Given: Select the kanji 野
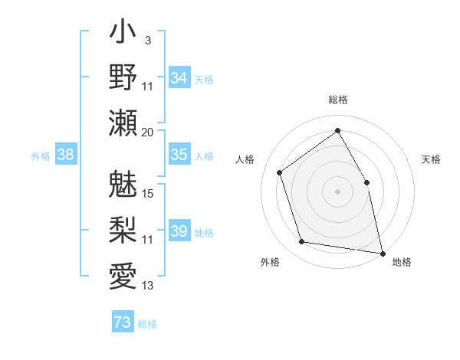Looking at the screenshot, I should pyautogui.click(x=123, y=77).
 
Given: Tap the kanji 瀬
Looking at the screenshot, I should pyautogui.click(x=123, y=123).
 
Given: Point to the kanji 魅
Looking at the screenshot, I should pyautogui.click(x=123, y=184).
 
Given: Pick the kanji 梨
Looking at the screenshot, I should pyautogui.click(x=123, y=227).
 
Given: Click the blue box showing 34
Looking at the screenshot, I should pyautogui.click(x=179, y=78).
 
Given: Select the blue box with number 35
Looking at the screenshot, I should pyautogui.click(x=179, y=155).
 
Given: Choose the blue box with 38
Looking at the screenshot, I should pyautogui.click(x=66, y=155).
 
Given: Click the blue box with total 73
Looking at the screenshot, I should pyautogui.click(x=123, y=322).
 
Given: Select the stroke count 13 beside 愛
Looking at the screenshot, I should pyautogui.click(x=148, y=286).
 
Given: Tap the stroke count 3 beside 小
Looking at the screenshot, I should pyautogui.click(x=148, y=40).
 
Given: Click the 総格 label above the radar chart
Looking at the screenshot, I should pyautogui.click(x=337, y=100).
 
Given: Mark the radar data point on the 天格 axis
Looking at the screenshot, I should pyautogui.click(x=366, y=182).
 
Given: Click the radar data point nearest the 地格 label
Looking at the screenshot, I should pyautogui.click(x=382, y=252).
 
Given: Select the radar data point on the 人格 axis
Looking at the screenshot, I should pyautogui.click(x=280, y=172).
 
